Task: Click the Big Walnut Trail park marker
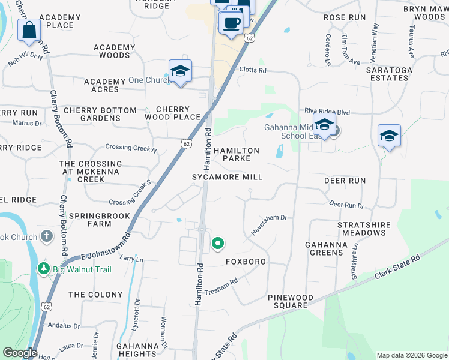tap(43, 269)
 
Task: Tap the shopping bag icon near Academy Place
tap(29, 31)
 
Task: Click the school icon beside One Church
tap(180, 71)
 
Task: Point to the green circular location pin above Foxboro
tap(218, 244)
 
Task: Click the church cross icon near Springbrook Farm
tap(47, 236)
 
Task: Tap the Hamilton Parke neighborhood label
tap(237, 155)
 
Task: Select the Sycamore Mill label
tap(227, 177)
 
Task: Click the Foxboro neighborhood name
tap(246, 262)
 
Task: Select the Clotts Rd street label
tap(252, 70)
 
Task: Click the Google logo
tap(20, 353)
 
